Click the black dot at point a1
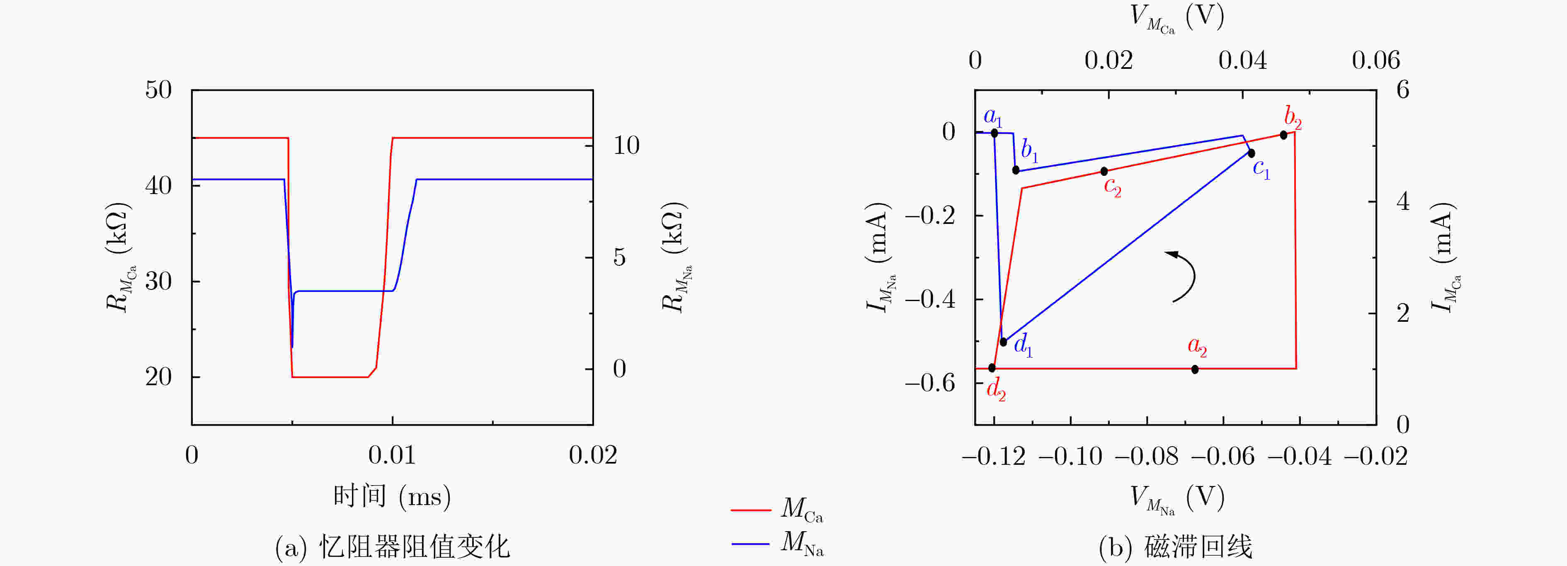point(994,133)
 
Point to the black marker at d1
point(1003,341)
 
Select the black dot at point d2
point(992,368)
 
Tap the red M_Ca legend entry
point(777,509)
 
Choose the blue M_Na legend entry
point(777,542)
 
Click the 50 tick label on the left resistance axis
point(158,90)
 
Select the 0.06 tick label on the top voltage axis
point(1376,60)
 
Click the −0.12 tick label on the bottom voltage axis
point(993,457)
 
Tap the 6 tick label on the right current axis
point(1403,90)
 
